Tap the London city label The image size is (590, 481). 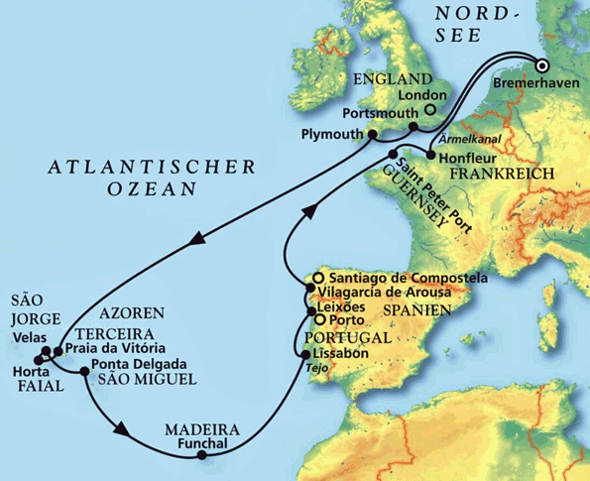416,95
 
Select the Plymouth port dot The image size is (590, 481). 372,135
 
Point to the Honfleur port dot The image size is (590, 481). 429,155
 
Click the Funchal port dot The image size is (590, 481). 201,456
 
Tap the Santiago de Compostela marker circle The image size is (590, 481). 316,278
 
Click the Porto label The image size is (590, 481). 344,321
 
